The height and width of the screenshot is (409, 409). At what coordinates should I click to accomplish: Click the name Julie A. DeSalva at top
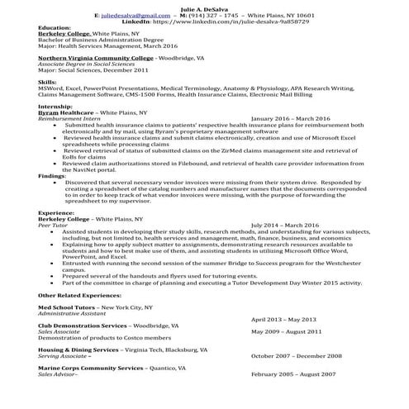(x=204, y=7)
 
